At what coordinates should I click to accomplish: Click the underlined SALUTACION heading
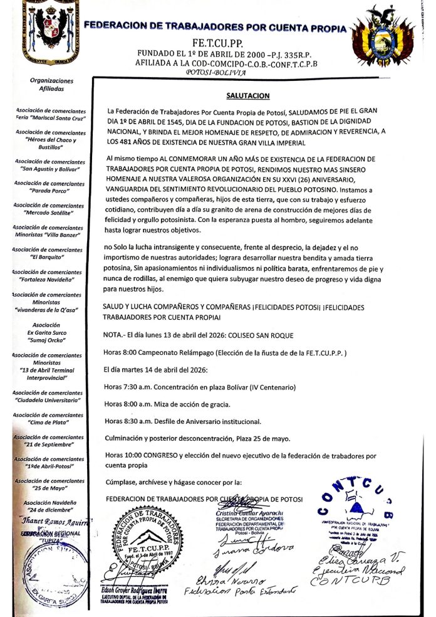pos(247,96)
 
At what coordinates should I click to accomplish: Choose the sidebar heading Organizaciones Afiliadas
pos(51,85)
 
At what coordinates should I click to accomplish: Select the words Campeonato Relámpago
pos(170,353)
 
